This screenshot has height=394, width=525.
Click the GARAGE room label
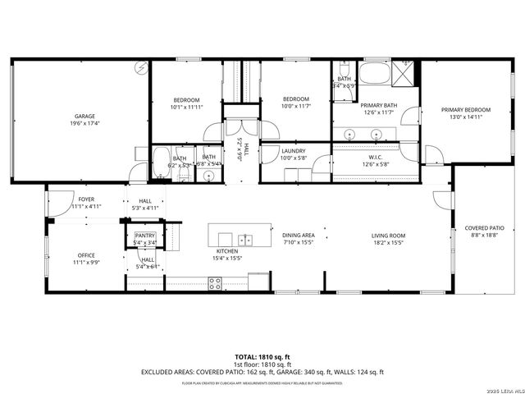pyautogui.click(x=81, y=117)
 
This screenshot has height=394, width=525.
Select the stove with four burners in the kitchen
pyautogui.click(x=215, y=283)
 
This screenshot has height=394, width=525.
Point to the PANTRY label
pyautogui.click(x=144, y=236)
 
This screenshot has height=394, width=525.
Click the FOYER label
pyautogui.click(x=86, y=199)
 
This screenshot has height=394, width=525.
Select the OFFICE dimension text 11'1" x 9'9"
pyautogui.click(x=86, y=263)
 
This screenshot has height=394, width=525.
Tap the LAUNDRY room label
pyautogui.click(x=293, y=150)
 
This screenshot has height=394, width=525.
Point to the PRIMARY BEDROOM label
pyautogui.click(x=465, y=109)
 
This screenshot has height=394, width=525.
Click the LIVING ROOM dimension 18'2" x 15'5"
pyautogui.click(x=388, y=243)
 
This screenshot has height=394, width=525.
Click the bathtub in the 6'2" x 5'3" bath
pyautogui.click(x=161, y=158)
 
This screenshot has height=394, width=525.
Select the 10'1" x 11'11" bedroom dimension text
pyautogui.click(x=186, y=107)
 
